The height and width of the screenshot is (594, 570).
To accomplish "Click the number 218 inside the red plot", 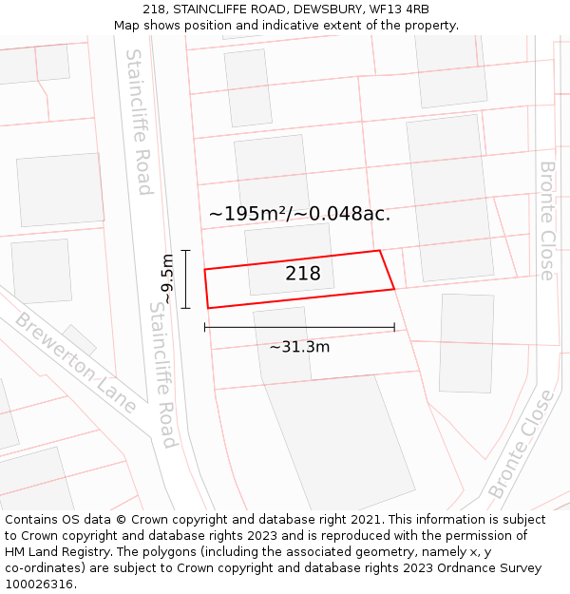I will (303, 274).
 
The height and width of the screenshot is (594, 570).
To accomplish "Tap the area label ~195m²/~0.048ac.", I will (299, 214).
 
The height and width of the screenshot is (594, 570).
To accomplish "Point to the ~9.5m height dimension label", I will (167, 279).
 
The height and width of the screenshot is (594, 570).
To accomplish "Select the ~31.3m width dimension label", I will (299, 347).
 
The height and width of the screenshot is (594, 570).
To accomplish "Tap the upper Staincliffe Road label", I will (139, 122).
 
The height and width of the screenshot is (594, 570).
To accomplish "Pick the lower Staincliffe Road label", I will (162, 374).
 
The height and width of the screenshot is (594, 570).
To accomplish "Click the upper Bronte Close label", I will (547, 220).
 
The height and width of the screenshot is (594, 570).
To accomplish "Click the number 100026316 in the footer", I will (39, 584).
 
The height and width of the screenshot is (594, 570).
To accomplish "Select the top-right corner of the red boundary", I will (379, 251).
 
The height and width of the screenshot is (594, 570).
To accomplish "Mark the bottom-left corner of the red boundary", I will (208, 308).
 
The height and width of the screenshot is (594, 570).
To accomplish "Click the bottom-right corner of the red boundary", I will (394, 288).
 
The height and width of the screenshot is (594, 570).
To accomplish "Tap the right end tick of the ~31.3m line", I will (394, 327).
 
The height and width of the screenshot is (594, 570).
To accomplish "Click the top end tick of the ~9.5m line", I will (186, 251).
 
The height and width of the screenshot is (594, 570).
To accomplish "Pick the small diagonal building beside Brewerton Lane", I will (80, 339).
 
